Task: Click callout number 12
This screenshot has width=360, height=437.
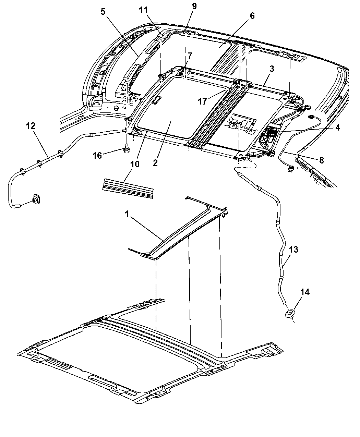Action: point(31,126)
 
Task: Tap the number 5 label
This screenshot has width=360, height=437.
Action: point(103,12)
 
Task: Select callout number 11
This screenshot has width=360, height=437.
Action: point(143,10)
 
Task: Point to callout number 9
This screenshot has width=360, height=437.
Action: point(194,6)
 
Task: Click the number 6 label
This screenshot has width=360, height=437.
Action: point(252,16)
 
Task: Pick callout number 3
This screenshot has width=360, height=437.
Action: point(272,69)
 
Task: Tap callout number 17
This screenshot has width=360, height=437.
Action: point(202,101)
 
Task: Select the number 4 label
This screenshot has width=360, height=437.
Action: point(337,128)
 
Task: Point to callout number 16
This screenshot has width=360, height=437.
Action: point(97,156)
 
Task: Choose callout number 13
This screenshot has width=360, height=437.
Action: point(293,250)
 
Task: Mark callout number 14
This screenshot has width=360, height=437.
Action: point(305,292)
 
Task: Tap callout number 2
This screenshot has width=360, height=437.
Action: point(155,162)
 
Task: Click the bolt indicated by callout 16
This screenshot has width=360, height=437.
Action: point(127,148)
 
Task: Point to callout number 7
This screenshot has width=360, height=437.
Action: point(190,56)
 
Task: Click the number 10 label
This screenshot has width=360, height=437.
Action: point(135,164)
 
